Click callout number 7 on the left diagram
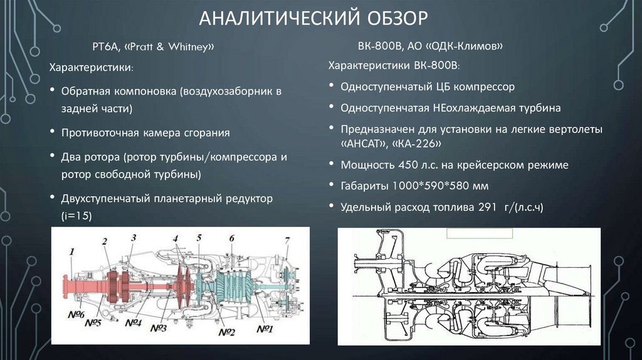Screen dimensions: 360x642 coord(287,240)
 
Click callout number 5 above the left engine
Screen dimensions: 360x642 coord(199,238)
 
